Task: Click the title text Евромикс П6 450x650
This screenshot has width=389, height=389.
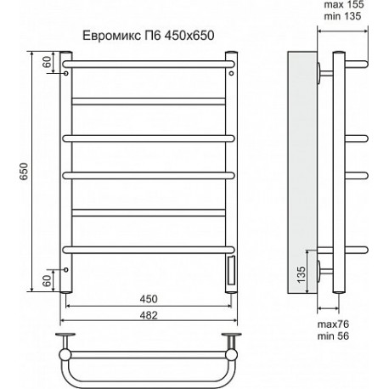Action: [148, 36]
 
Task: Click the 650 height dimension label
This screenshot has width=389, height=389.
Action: [24, 172]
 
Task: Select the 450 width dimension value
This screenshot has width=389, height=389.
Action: [149, 299]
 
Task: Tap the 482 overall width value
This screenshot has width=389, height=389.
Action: [149, 315]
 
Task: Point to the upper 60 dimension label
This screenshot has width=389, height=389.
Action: [48, 62]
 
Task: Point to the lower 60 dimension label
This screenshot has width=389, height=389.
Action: [48, 280]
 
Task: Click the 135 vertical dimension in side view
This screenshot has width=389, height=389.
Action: [302, 274]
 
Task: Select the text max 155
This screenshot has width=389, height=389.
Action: [344, 5]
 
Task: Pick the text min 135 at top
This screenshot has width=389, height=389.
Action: [342, 16]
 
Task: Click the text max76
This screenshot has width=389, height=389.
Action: [333, 324]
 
